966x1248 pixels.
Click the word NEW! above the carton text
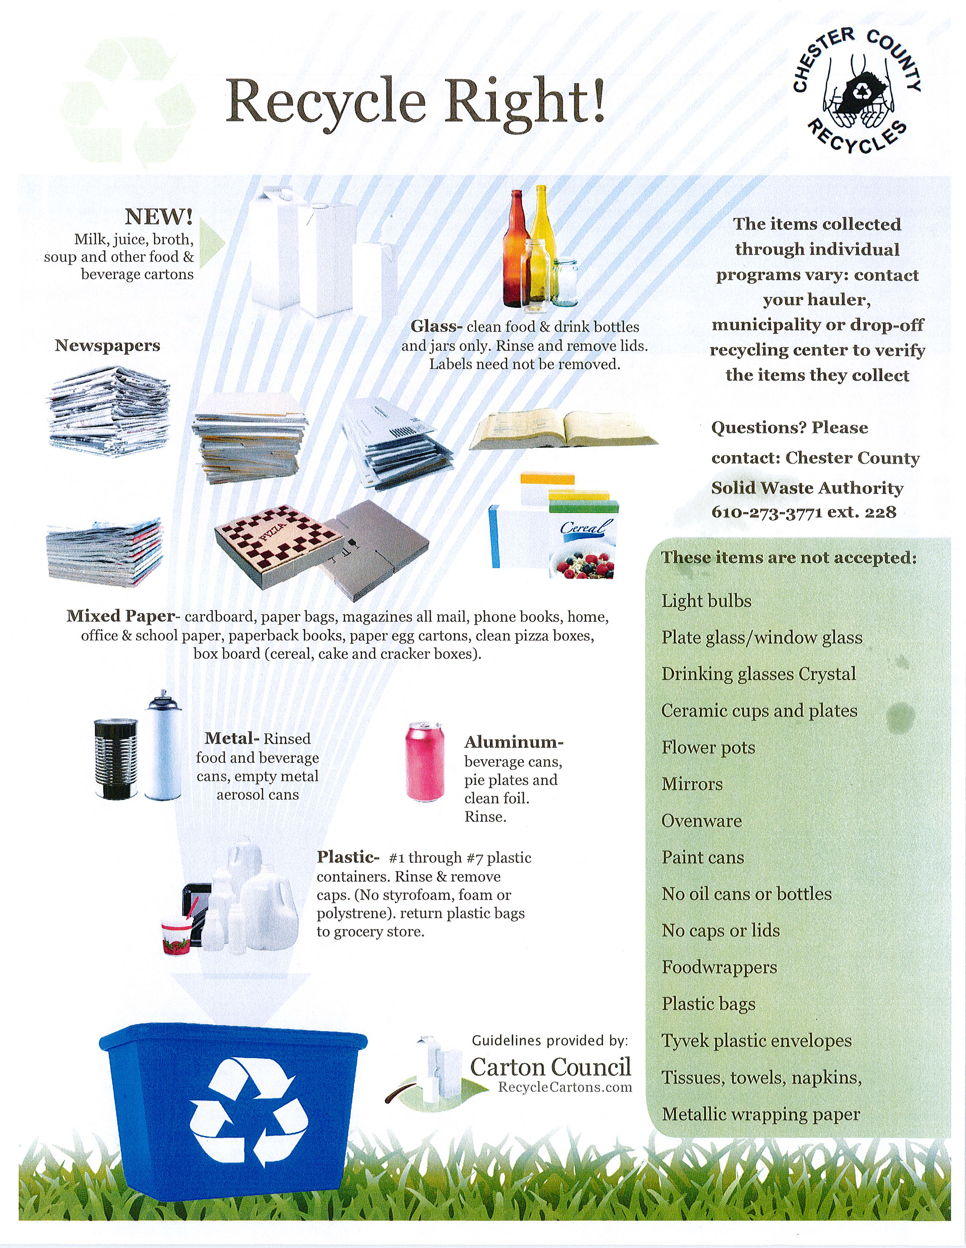pyautogui.click(x=159, y=217)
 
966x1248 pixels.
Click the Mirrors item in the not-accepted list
pyautogui.click(x=692, y=784)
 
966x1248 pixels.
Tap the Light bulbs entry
pyautogui.click(x=706, y=601)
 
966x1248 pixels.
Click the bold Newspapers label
pyautogui.click(x=107, y=346)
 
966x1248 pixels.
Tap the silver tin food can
pyautogui.click(x=116, y=758)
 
